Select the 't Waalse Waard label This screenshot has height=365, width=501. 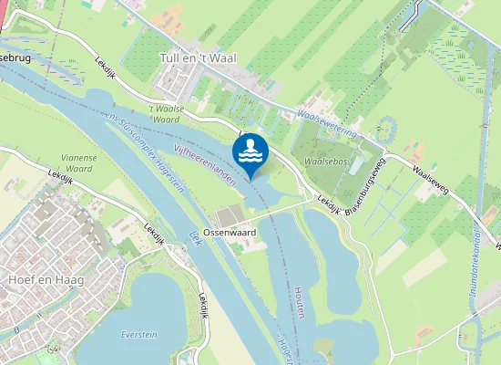pyautogui.click(x=168, y=113)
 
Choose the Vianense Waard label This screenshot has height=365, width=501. pyautogui.click(x=78, y=162)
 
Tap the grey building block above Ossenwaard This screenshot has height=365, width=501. pyautogui.click(x=228, y=215)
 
